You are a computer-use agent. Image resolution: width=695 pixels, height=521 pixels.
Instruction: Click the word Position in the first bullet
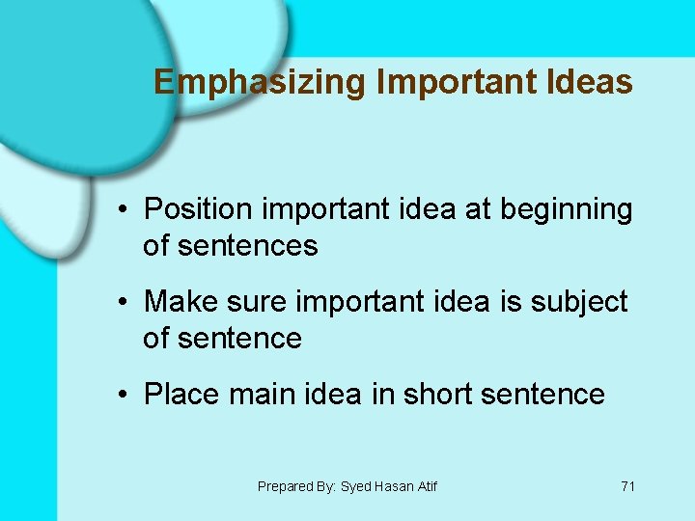click(199, 209)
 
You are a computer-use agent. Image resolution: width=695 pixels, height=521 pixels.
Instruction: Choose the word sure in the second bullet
click(256, 302)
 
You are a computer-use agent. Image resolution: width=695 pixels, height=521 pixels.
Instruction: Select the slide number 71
click(627, 486)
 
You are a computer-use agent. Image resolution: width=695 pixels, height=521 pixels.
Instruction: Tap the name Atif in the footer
click(427, 486)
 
